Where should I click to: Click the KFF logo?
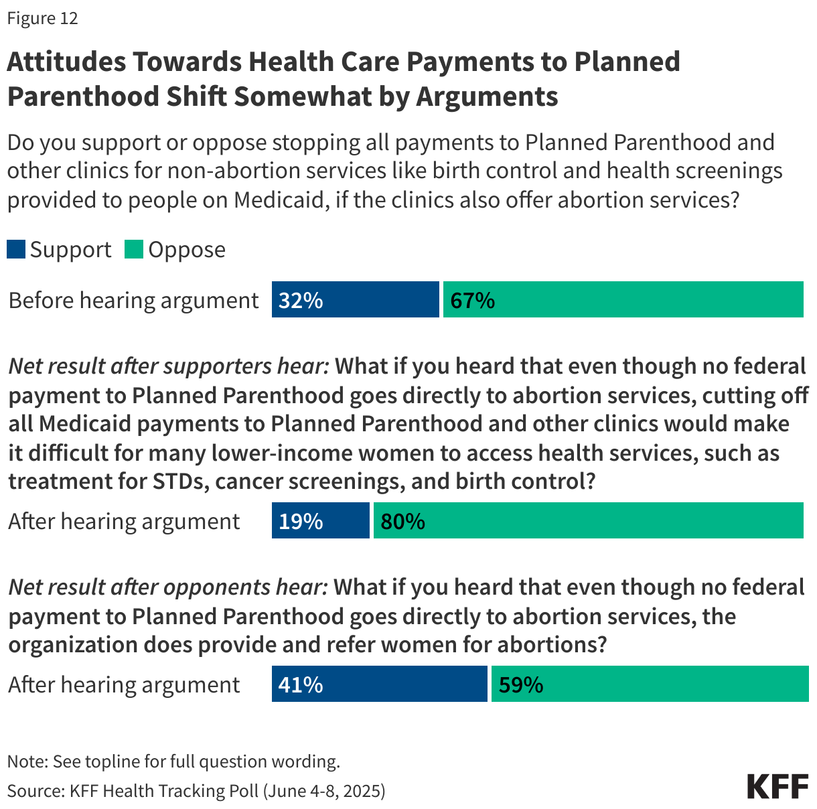click(x=777, y=786)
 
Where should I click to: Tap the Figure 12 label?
click(x=42, y=18)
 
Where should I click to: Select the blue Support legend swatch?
click(x=16, y=250)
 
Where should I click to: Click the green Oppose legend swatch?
click(x=134, y=250)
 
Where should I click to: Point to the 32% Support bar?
click(x=355, y=299)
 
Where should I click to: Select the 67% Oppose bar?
click(x=623, y=299)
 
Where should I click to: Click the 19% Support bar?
click(x=320, y=520)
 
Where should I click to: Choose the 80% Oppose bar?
click(x=588, y=520)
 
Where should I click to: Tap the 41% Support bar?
click(x=379, y=684)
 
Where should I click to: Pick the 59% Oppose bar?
click(x=650, y=684)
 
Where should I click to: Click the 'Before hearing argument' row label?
click(x=133, y=300)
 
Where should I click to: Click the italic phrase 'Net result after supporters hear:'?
click(x=169, y=366)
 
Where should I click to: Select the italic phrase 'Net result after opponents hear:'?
click(x=168, y=587)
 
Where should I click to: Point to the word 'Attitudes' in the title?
click(x=66, y=62)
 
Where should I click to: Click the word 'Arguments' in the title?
click(x=487, y=96)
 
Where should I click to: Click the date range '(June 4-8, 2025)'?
click(x=324, y=791)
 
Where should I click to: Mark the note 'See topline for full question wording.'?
click(x=196, y=761)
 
